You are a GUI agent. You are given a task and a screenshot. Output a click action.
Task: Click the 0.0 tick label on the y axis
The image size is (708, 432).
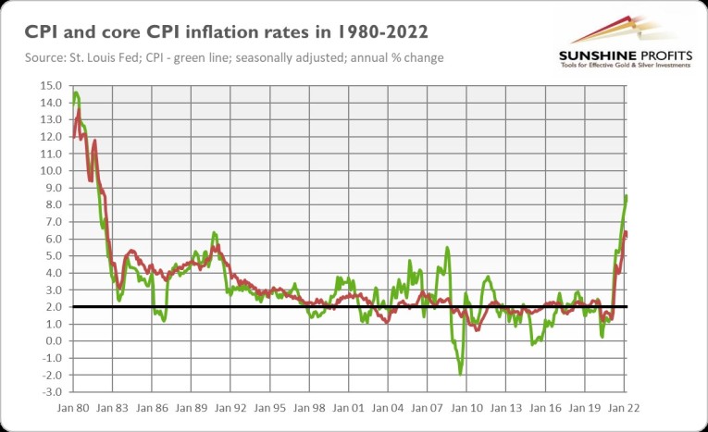click(x=52, y=341)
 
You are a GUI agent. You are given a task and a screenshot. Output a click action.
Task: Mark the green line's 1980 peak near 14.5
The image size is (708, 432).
click(x=75, y=93)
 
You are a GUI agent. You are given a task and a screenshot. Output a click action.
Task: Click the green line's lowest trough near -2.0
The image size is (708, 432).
click(x=460, y=374)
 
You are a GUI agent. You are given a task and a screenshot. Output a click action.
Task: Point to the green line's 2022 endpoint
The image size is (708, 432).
click(x=627, y=196)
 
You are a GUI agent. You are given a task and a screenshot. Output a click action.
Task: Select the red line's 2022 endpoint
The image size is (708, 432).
click(x=627, y=234)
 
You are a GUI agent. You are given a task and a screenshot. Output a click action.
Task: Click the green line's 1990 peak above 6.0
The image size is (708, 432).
click(x=214, y=233)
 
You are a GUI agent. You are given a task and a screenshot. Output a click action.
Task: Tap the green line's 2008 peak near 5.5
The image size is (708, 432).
click(x=448, y=248)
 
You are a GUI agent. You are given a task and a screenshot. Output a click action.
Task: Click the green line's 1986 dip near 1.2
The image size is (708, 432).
click(x=164, y=320)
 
